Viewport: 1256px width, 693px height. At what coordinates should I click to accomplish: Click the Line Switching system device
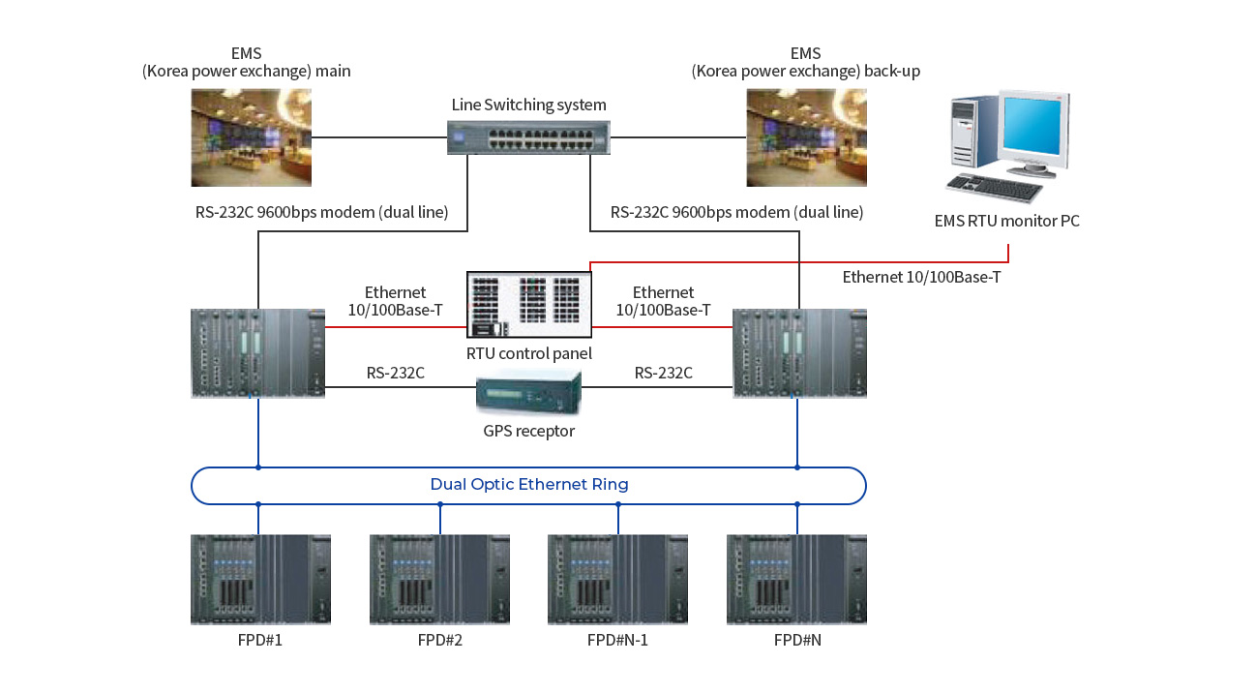pos(528,137)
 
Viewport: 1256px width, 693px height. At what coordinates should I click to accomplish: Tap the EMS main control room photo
pos(252,137)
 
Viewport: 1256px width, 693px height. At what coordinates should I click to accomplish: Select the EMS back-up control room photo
pos(806,137)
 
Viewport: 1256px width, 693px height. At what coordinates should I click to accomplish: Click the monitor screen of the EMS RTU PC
pos(1032,126)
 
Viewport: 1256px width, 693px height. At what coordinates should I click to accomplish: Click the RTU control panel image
pos(528,305)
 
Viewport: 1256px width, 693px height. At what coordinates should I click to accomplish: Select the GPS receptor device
pos(528,392)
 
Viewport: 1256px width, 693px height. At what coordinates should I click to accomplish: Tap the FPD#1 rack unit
pos(260,579)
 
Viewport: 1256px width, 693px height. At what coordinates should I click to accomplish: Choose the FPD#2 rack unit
pos(439,579)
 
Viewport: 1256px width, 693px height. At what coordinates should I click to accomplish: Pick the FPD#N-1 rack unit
pos(618,579)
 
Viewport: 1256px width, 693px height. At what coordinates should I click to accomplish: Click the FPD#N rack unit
pos(796,579)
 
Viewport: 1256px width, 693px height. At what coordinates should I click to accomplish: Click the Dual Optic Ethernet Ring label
pos(529,485)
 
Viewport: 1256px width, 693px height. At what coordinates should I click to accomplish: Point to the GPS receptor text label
pos(528,431)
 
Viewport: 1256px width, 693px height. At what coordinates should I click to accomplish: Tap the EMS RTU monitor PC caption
pos(1006,221)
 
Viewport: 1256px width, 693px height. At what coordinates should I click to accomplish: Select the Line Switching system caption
pos(528,105)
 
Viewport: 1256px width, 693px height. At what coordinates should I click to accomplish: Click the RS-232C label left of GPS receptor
pos(396,373)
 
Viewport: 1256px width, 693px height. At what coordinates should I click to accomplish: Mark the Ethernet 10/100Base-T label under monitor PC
pos(921,277)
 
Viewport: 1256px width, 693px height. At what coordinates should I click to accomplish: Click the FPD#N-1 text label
pos(617,640)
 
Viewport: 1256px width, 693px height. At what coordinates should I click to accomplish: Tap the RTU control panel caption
pos(528,354)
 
